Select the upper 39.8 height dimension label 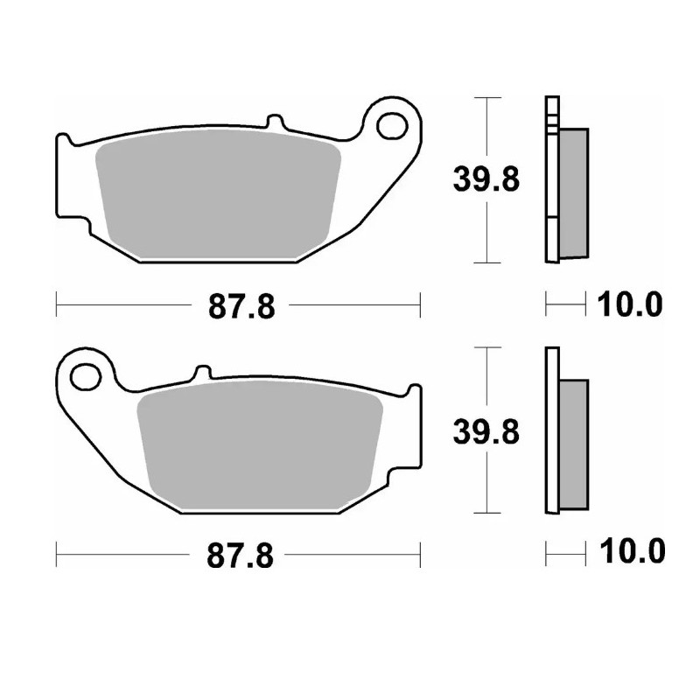486,180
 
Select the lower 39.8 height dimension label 486,430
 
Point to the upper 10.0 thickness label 630,305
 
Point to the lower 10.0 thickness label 630,552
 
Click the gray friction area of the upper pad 219,192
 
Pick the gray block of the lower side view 573,444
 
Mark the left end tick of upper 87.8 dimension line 57,304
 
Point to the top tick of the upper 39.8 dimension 486,98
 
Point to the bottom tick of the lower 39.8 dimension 486,512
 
